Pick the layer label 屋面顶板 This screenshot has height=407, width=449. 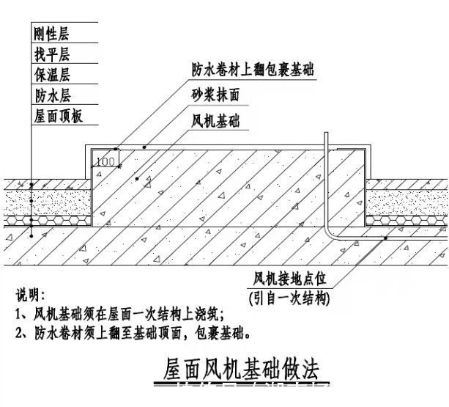pos(58,115)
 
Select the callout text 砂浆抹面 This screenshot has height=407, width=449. pos(215,95)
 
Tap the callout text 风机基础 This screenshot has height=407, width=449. pos(215,120)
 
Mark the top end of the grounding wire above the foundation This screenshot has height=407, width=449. pos(327,134)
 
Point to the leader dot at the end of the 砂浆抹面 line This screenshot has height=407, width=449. pos(144,147)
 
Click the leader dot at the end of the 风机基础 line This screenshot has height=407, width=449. pos(137,178)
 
